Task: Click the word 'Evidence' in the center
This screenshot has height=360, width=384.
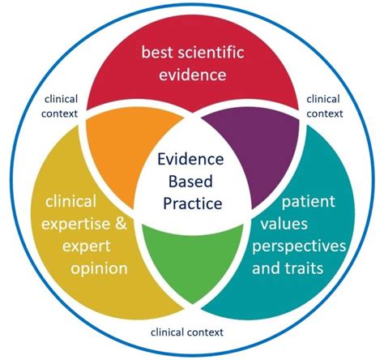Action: coord(192,158)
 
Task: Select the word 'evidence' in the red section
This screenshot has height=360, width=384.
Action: coord(192,76)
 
